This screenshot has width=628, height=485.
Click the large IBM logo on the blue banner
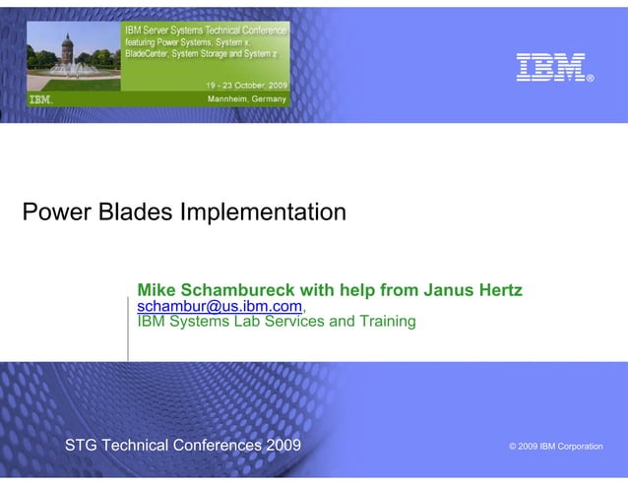[550, 67]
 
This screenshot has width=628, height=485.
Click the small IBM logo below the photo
[40, 99]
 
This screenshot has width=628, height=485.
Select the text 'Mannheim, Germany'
[246, 99]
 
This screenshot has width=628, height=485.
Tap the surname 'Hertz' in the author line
[499, 290]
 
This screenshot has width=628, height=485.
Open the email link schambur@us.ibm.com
[219, 307]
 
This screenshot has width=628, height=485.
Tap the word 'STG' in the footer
[82, 446]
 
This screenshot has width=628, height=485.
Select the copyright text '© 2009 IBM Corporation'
[555, 447]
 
